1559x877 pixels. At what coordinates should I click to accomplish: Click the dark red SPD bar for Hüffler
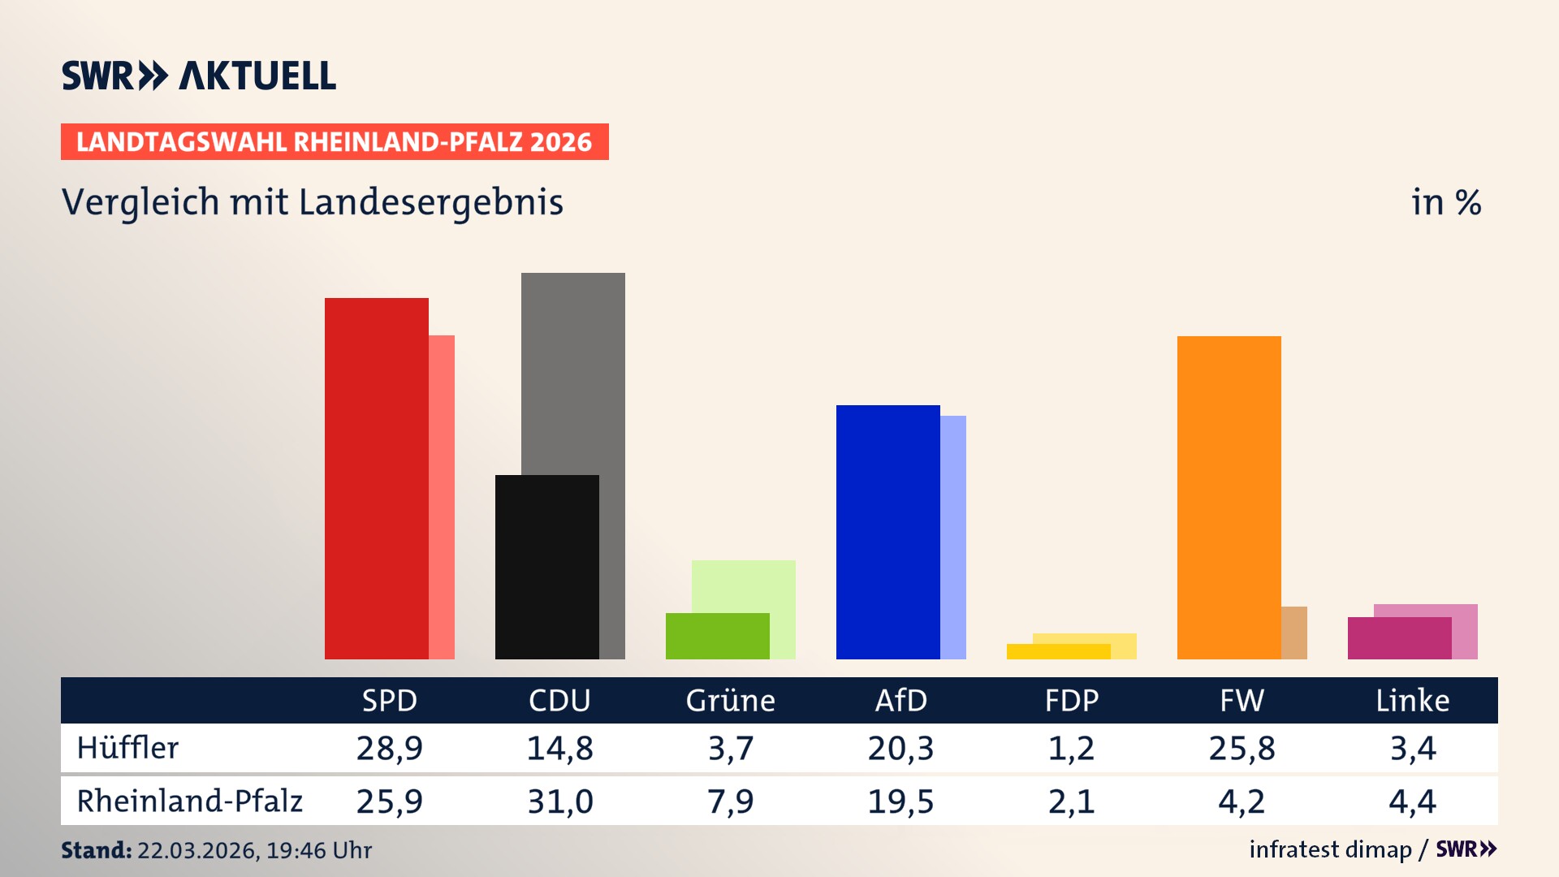click(x=376, y=479)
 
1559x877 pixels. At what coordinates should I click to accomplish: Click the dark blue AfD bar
click(x=887, y=532)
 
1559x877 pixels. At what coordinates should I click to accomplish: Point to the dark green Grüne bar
click(x=717, y=636)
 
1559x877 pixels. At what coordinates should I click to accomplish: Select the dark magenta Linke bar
click(x=1399, y=638)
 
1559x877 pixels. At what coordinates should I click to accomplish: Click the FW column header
click(x=1242, y=700)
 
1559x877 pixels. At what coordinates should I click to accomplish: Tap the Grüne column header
click(x=730, y=700)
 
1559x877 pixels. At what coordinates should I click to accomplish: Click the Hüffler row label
click(x=127, y=748)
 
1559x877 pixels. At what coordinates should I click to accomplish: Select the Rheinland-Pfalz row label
click(x=189, y=801)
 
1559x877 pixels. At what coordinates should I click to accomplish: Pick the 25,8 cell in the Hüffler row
click(x=1242, y=748)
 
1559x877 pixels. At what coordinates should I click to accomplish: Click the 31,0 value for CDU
click(x=559, y=801)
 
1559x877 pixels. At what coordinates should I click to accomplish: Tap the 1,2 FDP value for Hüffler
click(x=1071, y=748)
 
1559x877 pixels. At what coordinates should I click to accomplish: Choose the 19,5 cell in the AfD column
click(x=900, y=801)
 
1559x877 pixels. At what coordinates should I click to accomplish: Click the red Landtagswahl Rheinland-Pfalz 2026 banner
click(x=335, y=142)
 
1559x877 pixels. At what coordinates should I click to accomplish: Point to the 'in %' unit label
click(x=1446, y=202)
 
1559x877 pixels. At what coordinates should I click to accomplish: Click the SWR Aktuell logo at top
click(x=199, y=76)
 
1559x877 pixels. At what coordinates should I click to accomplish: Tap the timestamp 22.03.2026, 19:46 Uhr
click(x=254, y=850)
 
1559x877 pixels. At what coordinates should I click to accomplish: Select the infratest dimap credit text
click(x=1330, y=849)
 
